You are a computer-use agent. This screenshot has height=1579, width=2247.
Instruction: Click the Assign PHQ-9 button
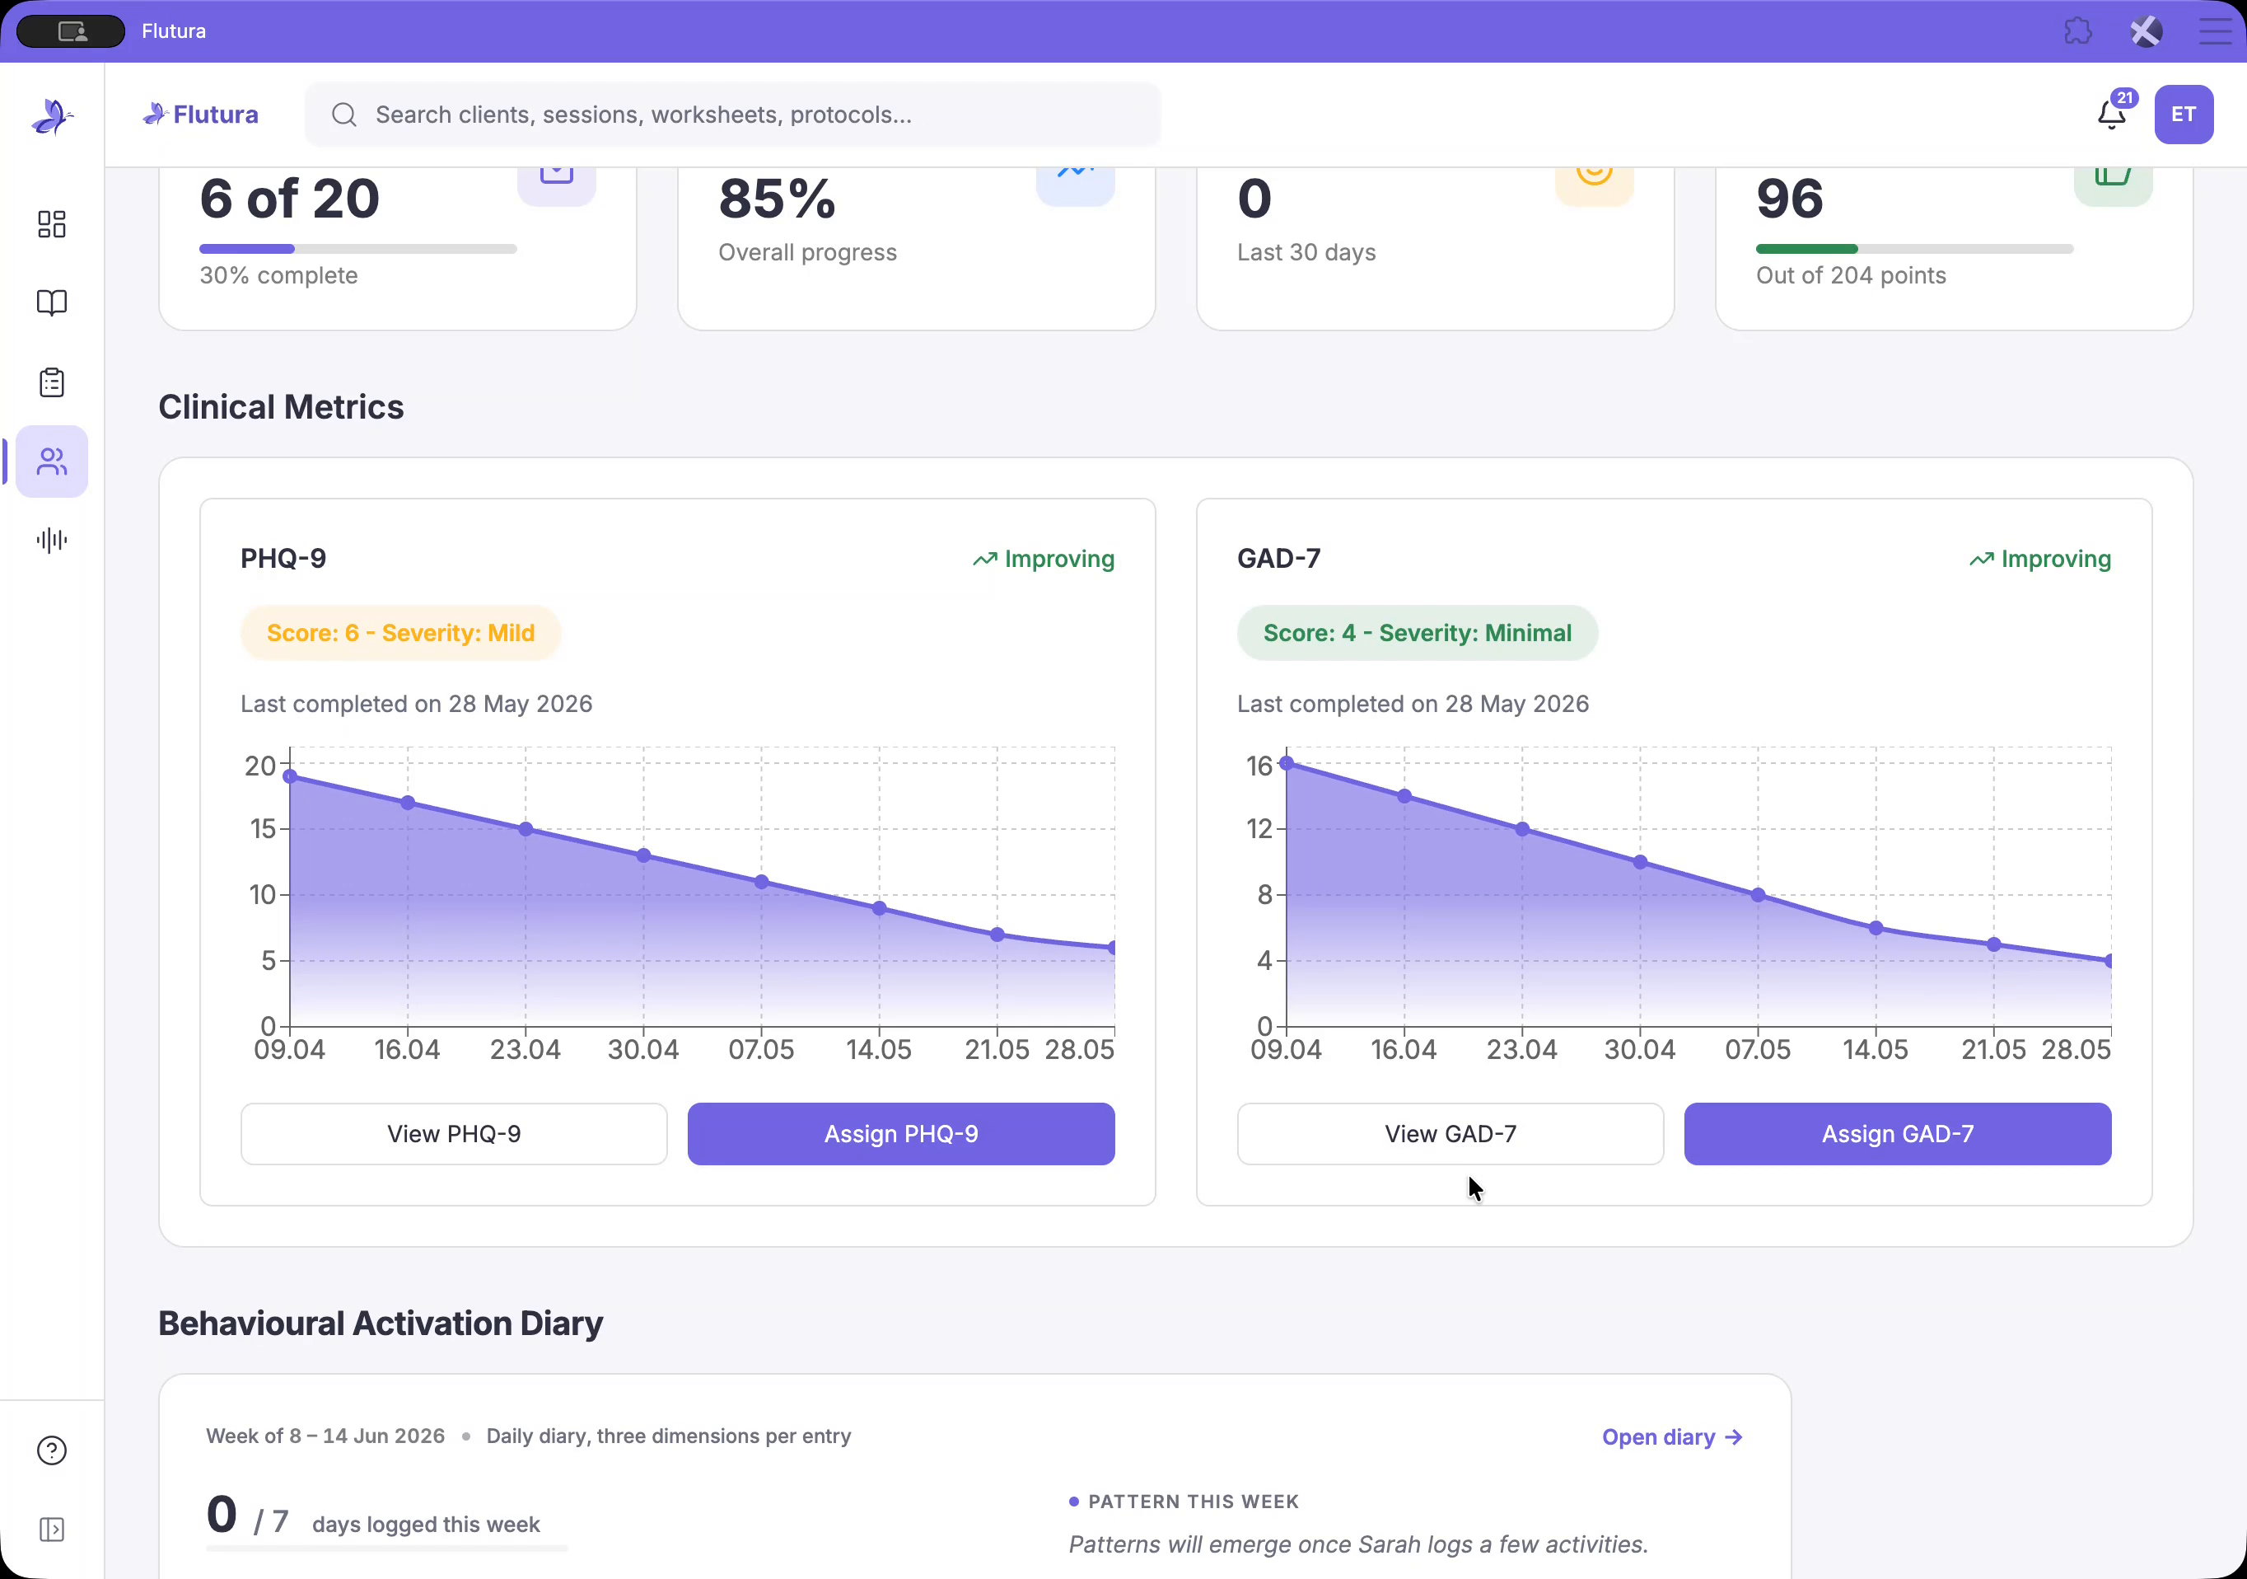[x=900, y=1134]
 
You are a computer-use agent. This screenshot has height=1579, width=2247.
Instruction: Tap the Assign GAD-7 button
[x=1897, y=1134]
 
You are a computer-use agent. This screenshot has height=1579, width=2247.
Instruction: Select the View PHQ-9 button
[x=454, y=1134]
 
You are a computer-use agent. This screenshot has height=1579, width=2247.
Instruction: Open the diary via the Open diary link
[x=1671, y=1437]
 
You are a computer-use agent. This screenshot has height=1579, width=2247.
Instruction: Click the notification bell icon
[x=2111, y=115]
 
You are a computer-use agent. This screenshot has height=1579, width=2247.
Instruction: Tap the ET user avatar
[x=2184, y=115]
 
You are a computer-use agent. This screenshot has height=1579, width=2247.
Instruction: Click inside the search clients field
[x=734, y=115]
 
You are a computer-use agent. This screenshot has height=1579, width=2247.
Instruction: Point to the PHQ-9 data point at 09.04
[x=290, y=776]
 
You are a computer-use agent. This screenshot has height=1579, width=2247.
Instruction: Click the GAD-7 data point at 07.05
[x=1758, y=895]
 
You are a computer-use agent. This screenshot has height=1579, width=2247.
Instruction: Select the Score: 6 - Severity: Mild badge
[x=400, y=634]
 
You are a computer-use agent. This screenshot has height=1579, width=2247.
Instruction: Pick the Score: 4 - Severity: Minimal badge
[x=1417, y=634]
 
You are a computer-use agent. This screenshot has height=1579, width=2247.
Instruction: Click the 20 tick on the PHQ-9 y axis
[x=260, y=766]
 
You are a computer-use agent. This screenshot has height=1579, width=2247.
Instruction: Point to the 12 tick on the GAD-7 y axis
[x=1259, y=829]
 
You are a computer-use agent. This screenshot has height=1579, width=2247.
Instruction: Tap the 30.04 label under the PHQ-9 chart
[x=643, y=1049]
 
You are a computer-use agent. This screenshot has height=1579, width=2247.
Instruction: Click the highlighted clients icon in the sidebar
[x=52, y=461]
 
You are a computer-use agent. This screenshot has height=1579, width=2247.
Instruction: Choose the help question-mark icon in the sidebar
[x=52, y=1450]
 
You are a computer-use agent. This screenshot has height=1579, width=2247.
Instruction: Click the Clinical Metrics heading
[x=281, y=407]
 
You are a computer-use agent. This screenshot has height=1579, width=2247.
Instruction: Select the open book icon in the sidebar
[x=52, y=302]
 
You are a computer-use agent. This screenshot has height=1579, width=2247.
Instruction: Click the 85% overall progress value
[x=777, y=199]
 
